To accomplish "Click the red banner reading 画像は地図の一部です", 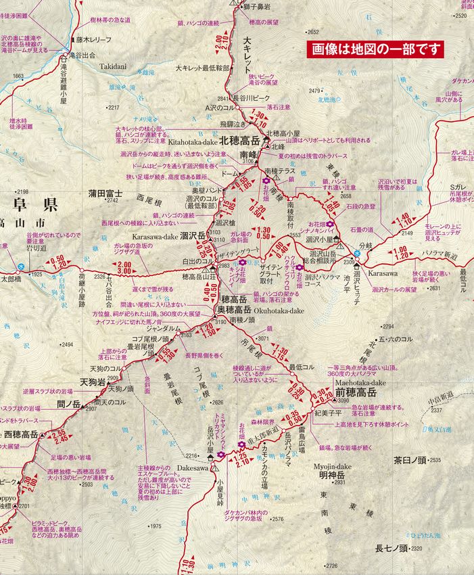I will (375, 49).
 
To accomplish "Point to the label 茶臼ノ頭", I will (412, 460).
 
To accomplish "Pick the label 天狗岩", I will (91, 382).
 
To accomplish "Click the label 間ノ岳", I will (68, 405).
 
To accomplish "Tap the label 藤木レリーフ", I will (93, 40).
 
